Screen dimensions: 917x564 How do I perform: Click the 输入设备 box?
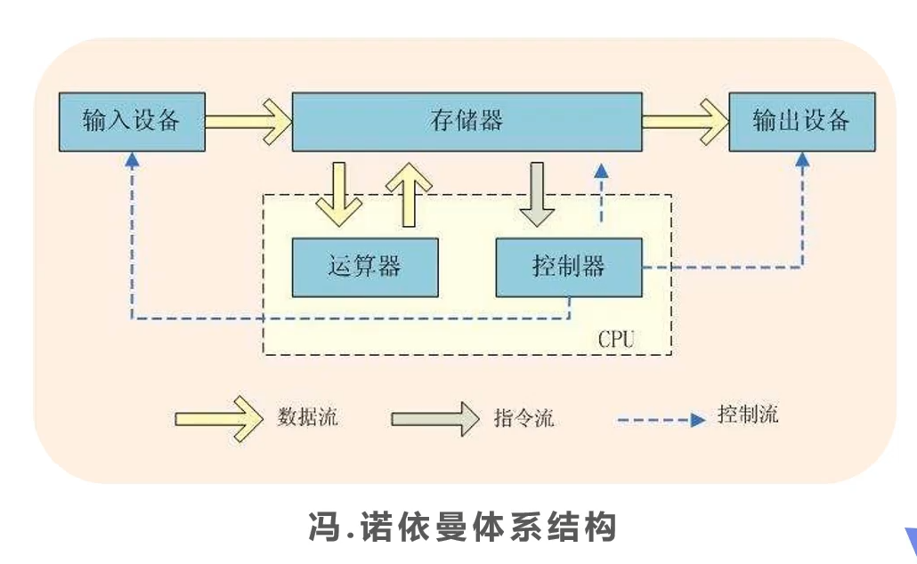click(132, 122)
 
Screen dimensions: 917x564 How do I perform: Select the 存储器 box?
click(467, 122)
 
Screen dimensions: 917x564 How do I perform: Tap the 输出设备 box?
click(802, 122)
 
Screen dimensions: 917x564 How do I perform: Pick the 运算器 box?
click(365, 267)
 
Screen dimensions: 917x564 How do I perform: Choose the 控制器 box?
click(569, 267)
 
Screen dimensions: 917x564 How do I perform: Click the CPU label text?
click(616, 339)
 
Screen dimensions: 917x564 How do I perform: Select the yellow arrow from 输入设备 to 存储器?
click(248, 122)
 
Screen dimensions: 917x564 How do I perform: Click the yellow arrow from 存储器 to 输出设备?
click(686, 122)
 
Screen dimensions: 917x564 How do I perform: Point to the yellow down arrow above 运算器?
click(338, 195)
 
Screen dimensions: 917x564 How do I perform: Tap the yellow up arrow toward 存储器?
click(409, 195)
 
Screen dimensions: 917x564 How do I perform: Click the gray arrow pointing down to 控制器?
click(537, 195)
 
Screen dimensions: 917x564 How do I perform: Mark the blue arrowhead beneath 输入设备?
click(132, 160)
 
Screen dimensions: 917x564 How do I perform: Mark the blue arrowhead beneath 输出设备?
click(802, 160)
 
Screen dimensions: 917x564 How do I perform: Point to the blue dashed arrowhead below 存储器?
click(601, 171)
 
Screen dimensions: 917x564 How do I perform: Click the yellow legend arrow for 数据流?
click(219, 419)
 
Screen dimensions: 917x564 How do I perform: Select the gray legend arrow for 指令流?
click(435, 419)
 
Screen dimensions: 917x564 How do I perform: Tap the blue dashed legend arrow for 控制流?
click(661, 420)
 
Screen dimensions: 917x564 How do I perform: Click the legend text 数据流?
click(308, 417)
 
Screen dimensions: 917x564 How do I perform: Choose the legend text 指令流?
click(523, 418)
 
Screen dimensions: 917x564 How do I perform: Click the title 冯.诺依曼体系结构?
click(463, 528)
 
